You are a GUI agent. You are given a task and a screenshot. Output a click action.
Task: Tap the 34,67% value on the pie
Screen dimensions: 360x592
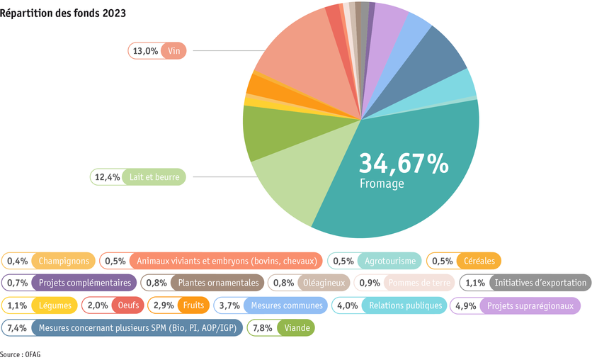pyautogui.click(x=404, y=163)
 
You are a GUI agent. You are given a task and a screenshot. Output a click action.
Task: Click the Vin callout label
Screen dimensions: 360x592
pyautogui.click(x=156, y=51)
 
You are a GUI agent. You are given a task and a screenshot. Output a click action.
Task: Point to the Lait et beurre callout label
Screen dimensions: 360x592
pyautogui.click(x=138, y=176)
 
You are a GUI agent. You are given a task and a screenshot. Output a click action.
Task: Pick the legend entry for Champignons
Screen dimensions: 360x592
pyautogui.click(x=48, y=261)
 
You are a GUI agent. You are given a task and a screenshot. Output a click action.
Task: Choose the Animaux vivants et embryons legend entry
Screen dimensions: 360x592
pyautogui.click(x=211, y=261)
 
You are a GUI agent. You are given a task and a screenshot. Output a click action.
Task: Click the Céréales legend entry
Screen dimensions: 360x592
pyautogui.click(x=464, y=261)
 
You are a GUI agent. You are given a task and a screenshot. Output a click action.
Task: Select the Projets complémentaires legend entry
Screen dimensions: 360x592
pyautogui.click(x=68, y=283)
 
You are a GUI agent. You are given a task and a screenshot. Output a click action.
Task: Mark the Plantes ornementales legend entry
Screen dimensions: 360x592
pyautogui.click(x=203, y=283)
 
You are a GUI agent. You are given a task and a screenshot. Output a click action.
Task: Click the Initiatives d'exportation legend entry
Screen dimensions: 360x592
pyautogui.click(x=525, y=283)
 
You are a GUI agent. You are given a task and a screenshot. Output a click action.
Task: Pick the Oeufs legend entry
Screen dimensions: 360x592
pyautogui.click(x=113, y=305)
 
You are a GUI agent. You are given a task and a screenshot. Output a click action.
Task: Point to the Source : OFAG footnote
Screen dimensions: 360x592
pyautogui.click(x=21, y=353)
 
